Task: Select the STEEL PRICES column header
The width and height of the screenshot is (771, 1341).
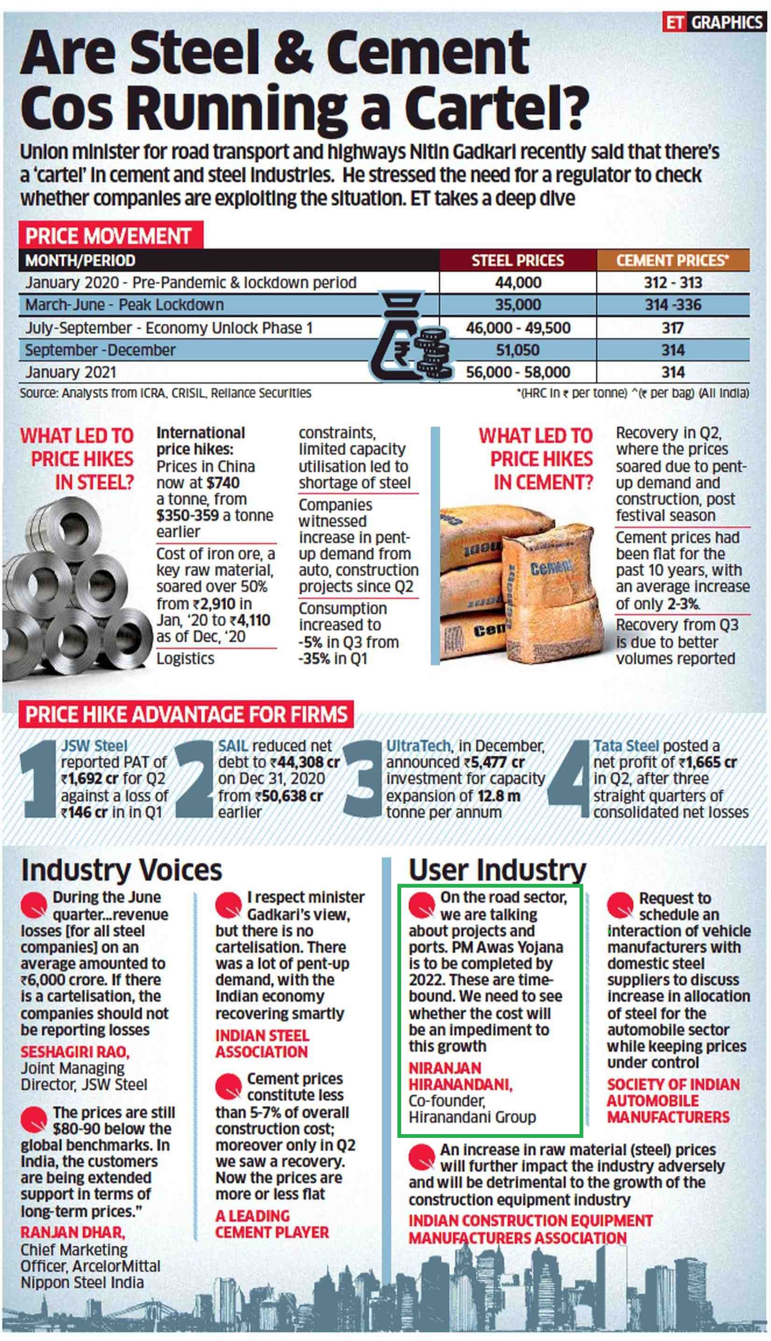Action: pyautogui.click(x=517, y=261)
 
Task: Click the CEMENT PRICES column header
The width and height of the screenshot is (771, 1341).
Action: pyautogui.click(x=672, y=261)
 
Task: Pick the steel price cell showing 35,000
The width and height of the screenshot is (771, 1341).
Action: pyautogui.click(x=517, y=305)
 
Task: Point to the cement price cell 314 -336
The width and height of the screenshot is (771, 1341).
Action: pyautogui.click(x=672, y=305)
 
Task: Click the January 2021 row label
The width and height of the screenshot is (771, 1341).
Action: pyautogui.click(x=71, y=372)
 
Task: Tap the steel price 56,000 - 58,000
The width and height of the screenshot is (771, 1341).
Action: pyautogui.click(x=517, y=372)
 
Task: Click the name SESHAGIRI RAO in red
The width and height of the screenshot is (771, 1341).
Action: pyautogui.click(x=75, y=1052)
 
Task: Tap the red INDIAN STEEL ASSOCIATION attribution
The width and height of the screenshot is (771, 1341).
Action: pyautogui.click(x=262, y=1044)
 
